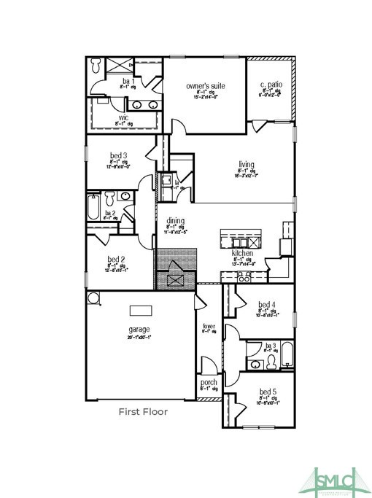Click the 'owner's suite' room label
205,86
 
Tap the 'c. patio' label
271,86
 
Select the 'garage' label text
139,330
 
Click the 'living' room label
247,164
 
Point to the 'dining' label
175,221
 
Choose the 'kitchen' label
242,253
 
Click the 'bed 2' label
117,259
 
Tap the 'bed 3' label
118,155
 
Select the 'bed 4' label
267,305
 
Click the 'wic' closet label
123,117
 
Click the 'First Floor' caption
143,412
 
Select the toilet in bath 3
272,360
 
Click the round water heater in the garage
92,297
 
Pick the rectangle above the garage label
141,311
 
